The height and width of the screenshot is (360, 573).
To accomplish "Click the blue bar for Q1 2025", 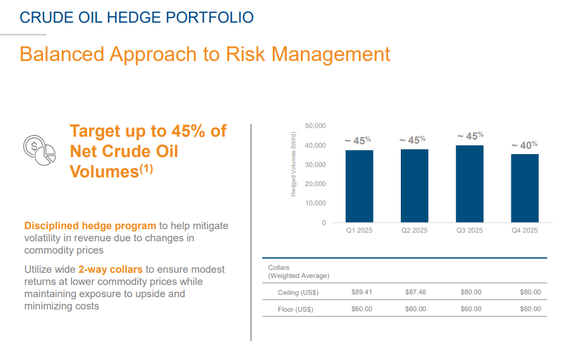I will coord(359,186).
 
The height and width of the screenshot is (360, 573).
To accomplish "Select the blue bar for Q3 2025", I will coord(469,184).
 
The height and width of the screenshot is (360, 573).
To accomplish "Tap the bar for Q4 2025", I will coord(524,188).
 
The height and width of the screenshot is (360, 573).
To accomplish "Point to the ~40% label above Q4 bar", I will coord(524,145).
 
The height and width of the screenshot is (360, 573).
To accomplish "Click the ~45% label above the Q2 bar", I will coord(412,140).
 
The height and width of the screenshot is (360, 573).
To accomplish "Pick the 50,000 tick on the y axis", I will coord(315,126).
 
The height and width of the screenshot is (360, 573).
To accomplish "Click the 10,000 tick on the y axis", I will coord(315,203).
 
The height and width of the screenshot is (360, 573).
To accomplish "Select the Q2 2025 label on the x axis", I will coord(414,230).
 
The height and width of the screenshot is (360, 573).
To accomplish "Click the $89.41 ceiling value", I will coord(362,292).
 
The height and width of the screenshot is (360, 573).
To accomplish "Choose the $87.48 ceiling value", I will coord(415,292).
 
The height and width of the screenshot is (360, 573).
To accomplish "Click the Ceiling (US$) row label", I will coord(298,293).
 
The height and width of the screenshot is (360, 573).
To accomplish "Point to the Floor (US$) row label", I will coord(295,309).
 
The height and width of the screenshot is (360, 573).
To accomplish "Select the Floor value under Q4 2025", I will coord(530,309).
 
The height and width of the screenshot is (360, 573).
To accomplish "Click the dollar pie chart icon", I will coord(39,149).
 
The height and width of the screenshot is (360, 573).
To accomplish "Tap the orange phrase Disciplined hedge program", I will coord(90,226).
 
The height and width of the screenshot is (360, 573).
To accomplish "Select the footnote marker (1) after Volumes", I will coord(145,169).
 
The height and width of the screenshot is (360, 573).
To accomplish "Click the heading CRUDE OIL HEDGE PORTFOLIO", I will coord(137,17).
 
